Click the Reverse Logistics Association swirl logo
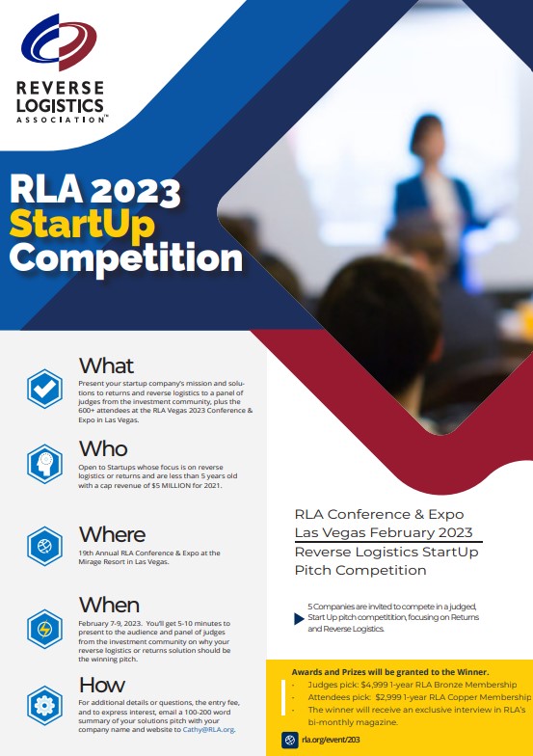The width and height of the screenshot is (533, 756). [x=59, y=42]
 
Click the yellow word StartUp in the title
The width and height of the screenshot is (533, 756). [x=82, y=224]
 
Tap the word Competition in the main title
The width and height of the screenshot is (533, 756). [x=125, y=258]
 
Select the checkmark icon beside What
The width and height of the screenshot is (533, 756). [x=44, y=390]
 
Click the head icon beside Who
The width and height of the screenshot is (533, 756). [x=44, y=464]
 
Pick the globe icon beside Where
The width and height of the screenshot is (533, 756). [x=44, y=546]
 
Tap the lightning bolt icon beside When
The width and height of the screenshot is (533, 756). [x=44, y=629]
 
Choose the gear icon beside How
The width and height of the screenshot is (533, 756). [x=44, y=706]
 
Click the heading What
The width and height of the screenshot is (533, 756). [x=106, y=365]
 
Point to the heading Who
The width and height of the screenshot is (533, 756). [x=103, y=448]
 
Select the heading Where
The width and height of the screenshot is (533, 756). [x=112, y=534]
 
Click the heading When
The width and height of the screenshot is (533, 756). [x=110, y=605]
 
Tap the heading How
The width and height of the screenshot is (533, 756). [x=102, y=685]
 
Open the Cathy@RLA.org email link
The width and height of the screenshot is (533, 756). [x=208, y=729]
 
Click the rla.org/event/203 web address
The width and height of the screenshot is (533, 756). [x=332, y=740]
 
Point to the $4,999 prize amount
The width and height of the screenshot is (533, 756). [x=374, y=685]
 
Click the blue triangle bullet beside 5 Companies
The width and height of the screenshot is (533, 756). [x=299, y=619]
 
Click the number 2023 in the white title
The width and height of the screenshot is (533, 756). [x=135, y=191]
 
